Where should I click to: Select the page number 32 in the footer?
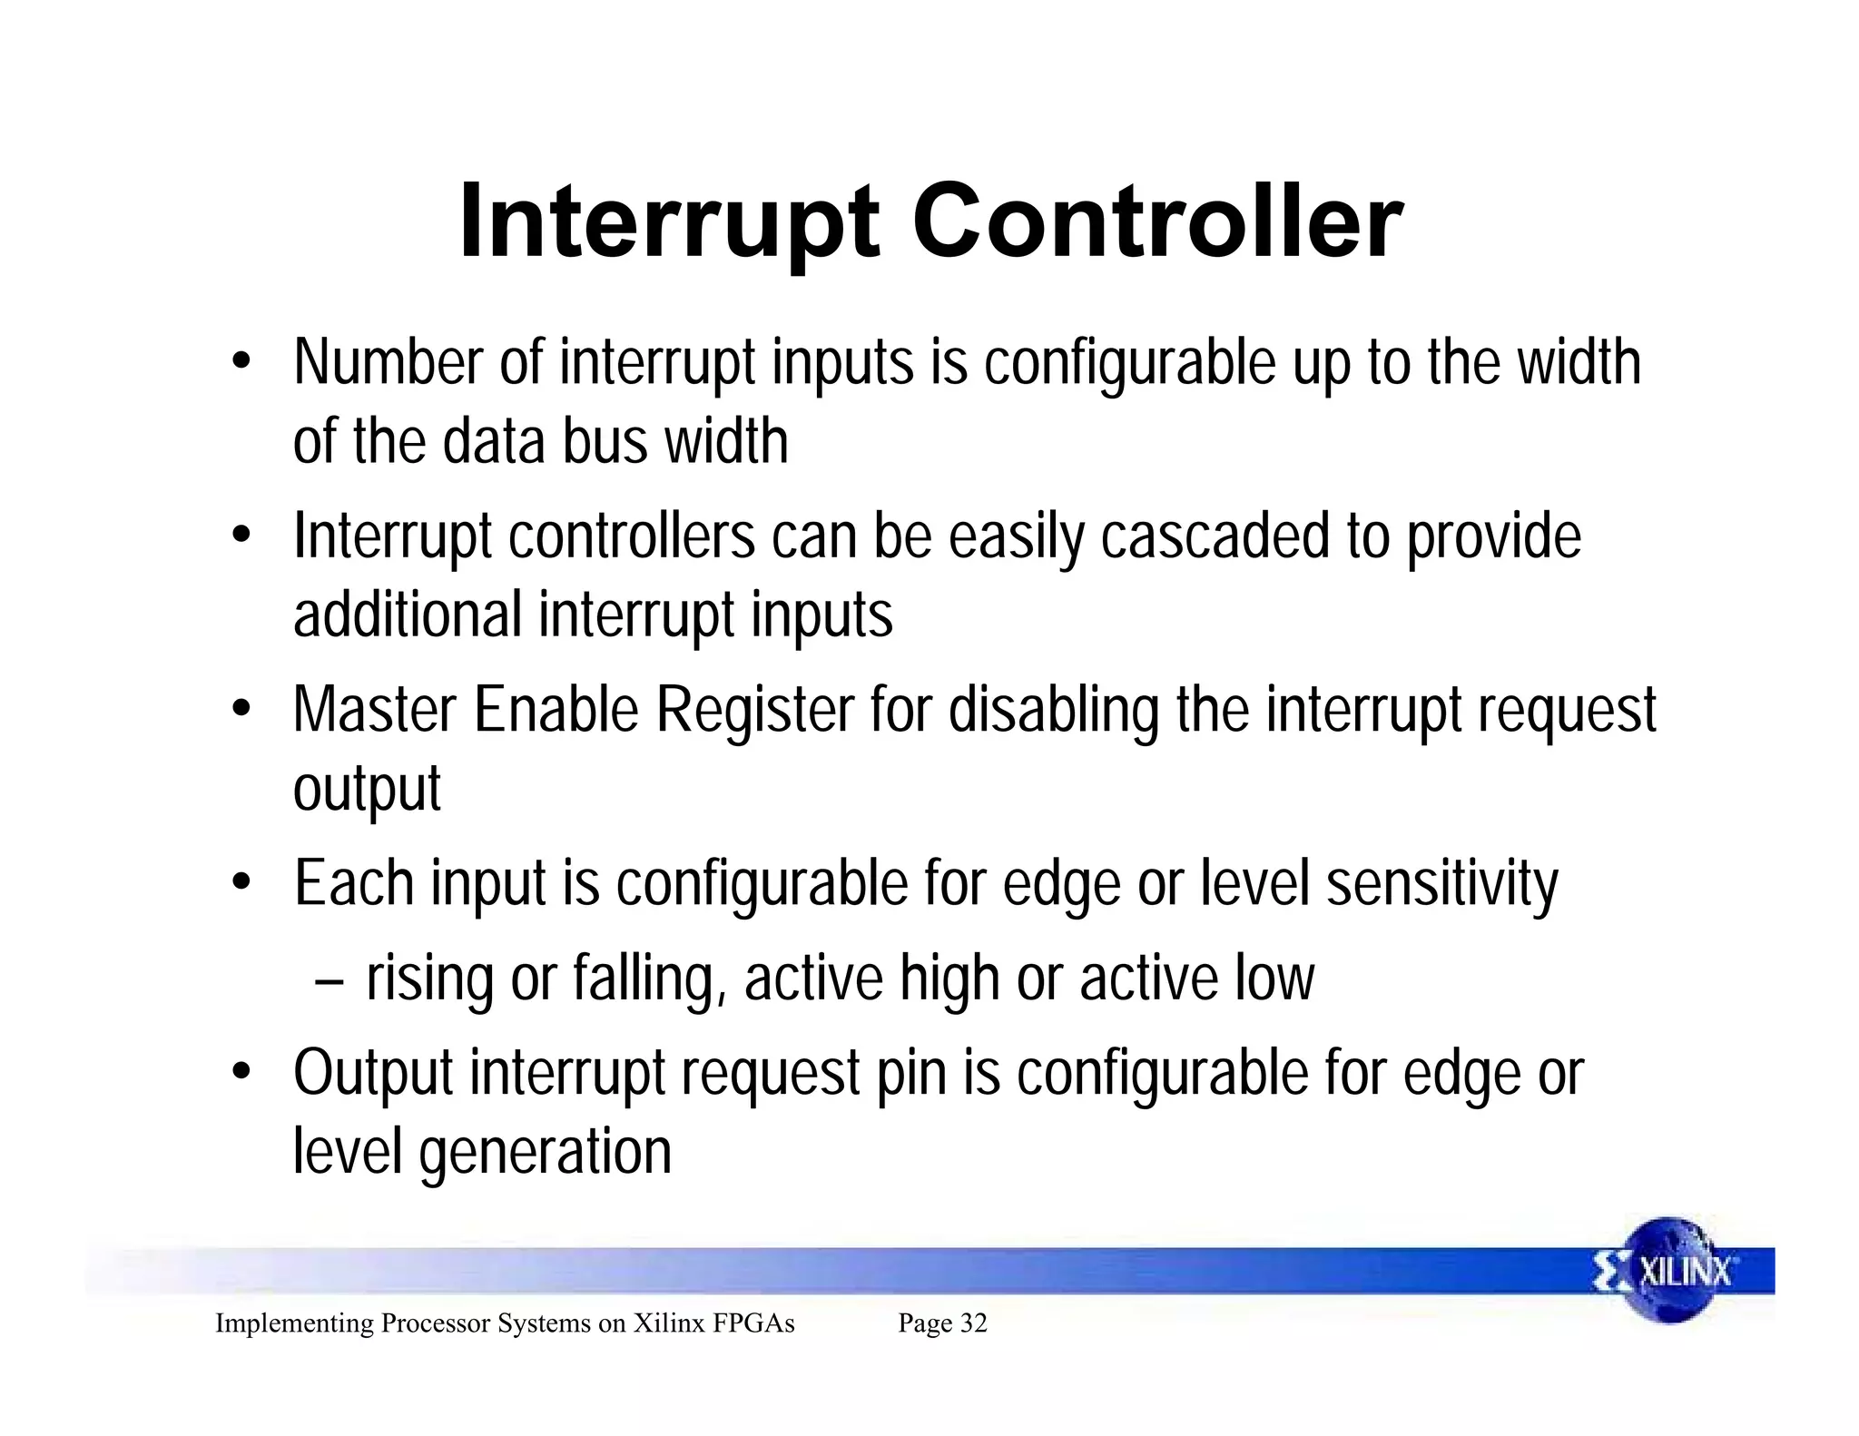[x=973, y=1323]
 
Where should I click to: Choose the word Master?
[x=375, y=709]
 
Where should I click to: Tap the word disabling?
[x=1054, y=711]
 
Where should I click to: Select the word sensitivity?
[x=1442, y=884]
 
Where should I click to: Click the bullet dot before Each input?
[x=240, y=882]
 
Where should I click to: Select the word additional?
[x=408, y=615]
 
